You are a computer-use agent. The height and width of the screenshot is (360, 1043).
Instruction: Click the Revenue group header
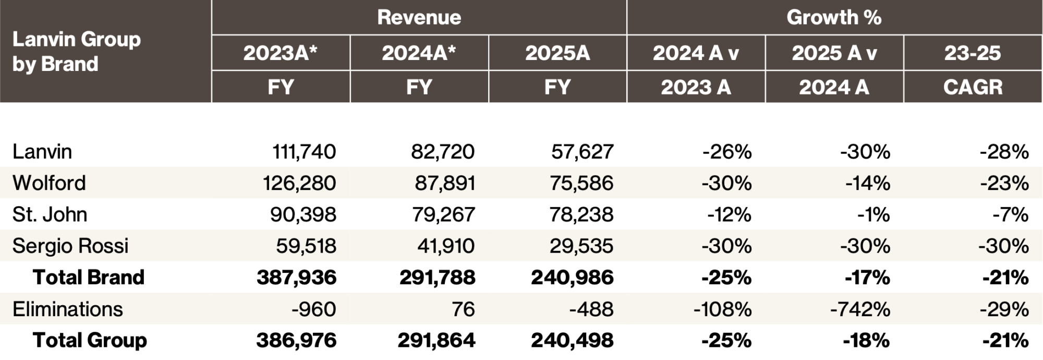(419, 17)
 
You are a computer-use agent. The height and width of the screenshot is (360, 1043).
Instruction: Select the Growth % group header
(833, 17)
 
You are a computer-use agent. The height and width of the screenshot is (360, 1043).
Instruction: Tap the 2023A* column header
(281, 53)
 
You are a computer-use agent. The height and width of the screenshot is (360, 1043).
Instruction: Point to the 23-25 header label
(972, 53)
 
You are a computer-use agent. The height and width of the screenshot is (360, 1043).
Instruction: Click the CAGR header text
(972, 87)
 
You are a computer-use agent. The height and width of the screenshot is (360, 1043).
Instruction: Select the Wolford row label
(49, 183)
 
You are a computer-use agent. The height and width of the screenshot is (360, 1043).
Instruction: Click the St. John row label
(50, 214)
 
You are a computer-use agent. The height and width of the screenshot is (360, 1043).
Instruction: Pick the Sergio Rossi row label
(70, 246)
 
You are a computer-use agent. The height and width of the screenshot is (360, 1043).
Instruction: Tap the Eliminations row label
(68, 309)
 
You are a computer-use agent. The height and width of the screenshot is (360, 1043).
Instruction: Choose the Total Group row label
(90, 340)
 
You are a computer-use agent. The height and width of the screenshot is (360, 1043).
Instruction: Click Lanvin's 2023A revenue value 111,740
(304, 152)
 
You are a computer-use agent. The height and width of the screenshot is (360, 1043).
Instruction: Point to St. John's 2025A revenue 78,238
(581, 214)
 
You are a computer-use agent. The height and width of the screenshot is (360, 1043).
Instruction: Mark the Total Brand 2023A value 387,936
(296, 277)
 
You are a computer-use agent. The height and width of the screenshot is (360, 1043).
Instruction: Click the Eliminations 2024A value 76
(463, 309)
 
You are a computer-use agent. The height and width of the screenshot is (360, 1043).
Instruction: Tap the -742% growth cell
(860, 309)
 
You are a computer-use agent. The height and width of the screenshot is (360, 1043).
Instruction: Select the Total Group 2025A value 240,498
(572, 340)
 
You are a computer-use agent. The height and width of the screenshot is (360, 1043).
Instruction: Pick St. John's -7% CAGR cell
(1011, 214)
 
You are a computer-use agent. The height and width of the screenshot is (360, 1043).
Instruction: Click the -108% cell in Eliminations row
(722, 309)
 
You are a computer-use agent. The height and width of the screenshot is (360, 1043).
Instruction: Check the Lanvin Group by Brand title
(77, 51)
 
